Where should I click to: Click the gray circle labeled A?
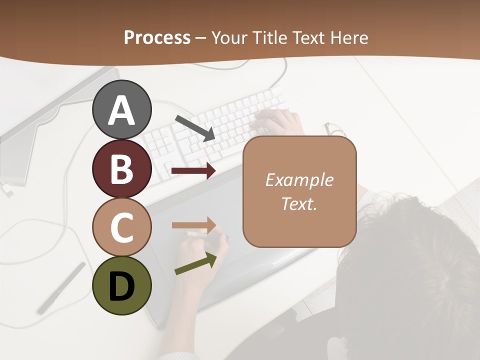point(121,109)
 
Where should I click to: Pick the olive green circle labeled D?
point(121,285)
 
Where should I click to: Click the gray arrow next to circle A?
point(195,127)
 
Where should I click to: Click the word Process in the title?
point(157,37)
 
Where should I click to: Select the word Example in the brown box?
point(299,180)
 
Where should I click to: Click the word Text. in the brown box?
point(299,204)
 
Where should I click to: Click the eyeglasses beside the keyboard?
point(334,129)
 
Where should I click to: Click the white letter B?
point(121,168)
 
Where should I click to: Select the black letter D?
point(121,286)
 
